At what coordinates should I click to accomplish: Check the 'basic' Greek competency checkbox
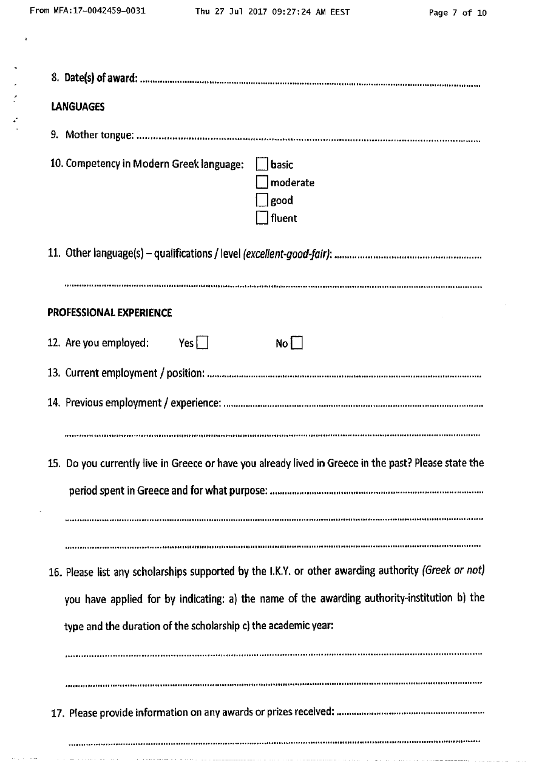262,164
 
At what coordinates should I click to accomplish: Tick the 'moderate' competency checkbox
262,182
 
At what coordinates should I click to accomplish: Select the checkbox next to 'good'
262,200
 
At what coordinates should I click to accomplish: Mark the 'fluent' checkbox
262,218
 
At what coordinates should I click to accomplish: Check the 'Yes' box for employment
203,343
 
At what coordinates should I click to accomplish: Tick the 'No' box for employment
297,343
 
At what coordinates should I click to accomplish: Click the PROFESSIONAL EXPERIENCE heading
110,313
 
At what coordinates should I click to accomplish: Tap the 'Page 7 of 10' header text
458,13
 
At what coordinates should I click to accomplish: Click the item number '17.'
58,712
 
